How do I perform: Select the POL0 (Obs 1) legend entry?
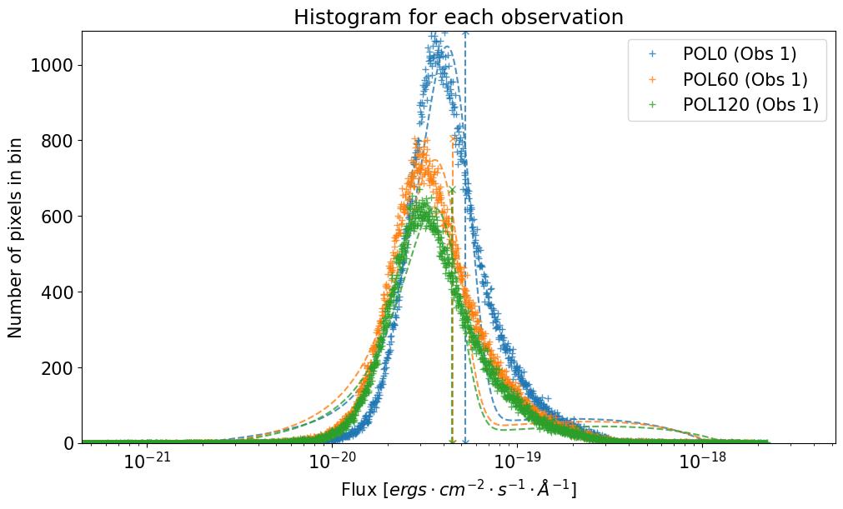click(x=739, y=55)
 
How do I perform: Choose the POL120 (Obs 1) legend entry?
click(x=750, y=105)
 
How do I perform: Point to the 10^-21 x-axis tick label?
click(x=148, y=462)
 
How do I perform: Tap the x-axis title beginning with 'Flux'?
click(x=458, y=490)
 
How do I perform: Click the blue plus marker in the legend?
click(x=653, y=55)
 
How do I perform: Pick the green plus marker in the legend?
click(x=653, y=105)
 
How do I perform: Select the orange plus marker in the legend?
click(x=653, y=80)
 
